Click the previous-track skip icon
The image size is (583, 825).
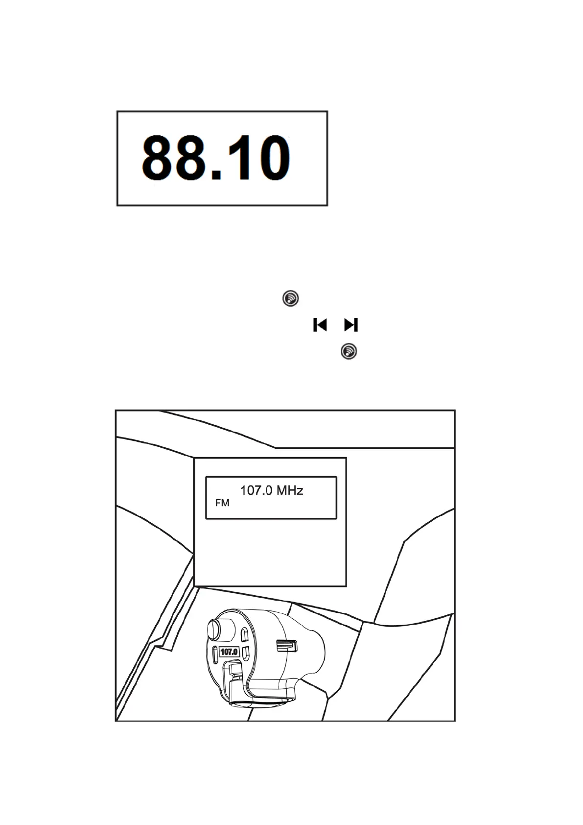click(320, 325)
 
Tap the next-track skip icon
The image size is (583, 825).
click(351, 325)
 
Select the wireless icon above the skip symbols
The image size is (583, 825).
click(291, 298)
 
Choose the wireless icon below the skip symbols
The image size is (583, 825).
click(349, 351)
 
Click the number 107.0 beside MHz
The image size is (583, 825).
click(257, 490)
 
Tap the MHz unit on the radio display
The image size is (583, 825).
click(290, 490)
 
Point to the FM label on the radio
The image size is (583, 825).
click(222, 503)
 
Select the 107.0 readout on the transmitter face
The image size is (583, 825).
click(229, 652)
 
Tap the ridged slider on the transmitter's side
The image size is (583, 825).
click(287, 646)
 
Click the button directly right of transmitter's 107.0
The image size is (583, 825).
click(246, 652)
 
